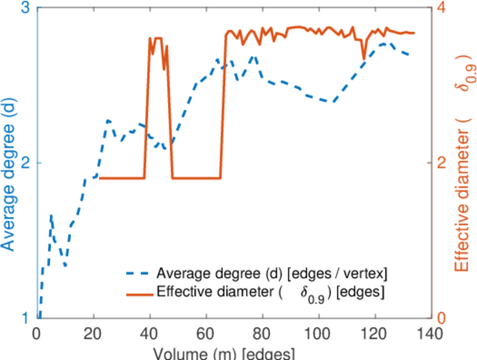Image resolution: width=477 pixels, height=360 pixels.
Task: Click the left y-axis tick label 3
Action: point(26,10)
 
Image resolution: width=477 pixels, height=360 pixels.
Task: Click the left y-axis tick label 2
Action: point(26,163)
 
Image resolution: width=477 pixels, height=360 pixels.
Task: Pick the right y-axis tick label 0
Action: point(442,318)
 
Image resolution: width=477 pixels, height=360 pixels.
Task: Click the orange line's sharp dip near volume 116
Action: point(364,59)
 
